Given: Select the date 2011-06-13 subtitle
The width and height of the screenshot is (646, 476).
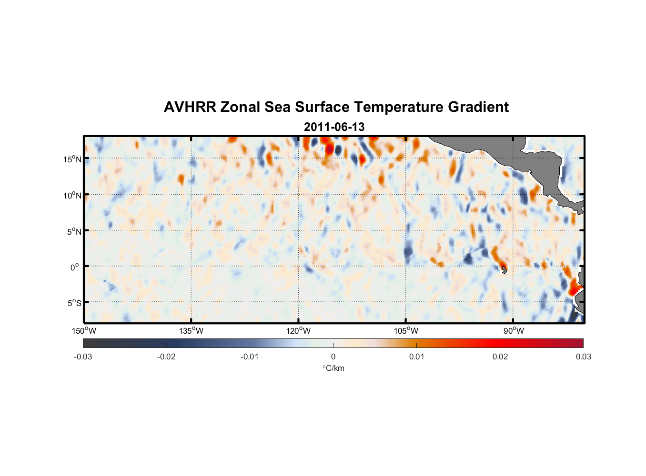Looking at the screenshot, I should tap(334, 127).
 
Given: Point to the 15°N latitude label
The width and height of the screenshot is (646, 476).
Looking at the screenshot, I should tap(72, 159).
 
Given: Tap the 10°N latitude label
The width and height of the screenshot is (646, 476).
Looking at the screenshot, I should tap(72, 195).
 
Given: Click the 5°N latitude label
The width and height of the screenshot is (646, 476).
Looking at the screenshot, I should tap(74, 231).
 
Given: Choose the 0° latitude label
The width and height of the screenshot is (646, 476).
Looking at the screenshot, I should tap(75, 267).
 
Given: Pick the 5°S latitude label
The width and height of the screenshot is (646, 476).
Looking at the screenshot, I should tap(74, 303).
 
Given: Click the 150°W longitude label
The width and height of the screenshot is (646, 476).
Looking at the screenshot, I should tap(84, 331).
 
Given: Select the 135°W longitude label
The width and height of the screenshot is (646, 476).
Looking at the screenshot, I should tap(191, 331).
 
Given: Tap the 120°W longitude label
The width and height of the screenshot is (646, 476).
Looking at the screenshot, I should tap(298, 331).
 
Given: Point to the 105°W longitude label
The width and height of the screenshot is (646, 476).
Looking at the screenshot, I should tap(406, 331).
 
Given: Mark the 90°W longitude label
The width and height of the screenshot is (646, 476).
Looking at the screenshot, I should tap(514, 331).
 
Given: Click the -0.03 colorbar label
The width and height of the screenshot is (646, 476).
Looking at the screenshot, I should tap(83, 357).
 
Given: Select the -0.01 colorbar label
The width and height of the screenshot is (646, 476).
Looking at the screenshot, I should tap(250, 357).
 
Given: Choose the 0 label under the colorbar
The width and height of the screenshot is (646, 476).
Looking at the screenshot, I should tap(333, 357).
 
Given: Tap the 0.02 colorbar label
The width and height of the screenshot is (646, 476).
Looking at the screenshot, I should tap(500, 357).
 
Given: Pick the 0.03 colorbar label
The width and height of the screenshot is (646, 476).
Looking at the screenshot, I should tap(583, 357).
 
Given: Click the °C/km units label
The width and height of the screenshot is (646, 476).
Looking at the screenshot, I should tap(333, 368).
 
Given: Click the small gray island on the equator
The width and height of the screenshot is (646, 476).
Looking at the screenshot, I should tap(504, 270).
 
